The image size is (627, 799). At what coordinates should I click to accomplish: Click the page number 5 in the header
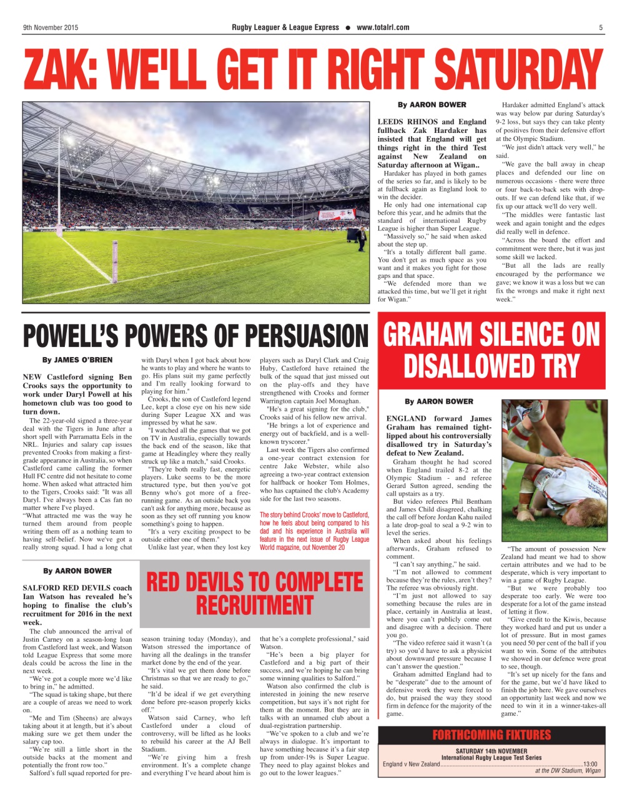coord(601,27)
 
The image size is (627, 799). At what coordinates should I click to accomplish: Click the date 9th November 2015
coord(51,27)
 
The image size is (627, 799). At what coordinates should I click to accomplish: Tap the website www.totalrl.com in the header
coord(383,27)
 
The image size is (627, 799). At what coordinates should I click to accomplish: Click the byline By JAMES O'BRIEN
coord(77,360)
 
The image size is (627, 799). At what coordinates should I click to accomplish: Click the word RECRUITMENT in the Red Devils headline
coord(254,605)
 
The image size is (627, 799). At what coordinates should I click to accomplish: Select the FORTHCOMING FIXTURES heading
coord(491,735)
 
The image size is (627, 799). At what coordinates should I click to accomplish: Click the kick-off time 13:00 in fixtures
coord(590,764)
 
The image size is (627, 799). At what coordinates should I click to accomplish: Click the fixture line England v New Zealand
coord(412,764)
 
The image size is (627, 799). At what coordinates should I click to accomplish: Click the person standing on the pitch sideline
coord(362,238)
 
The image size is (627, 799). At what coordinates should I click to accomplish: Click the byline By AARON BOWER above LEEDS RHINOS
coord(432,105)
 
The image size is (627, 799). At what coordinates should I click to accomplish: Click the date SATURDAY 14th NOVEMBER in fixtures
coord(491,751)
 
